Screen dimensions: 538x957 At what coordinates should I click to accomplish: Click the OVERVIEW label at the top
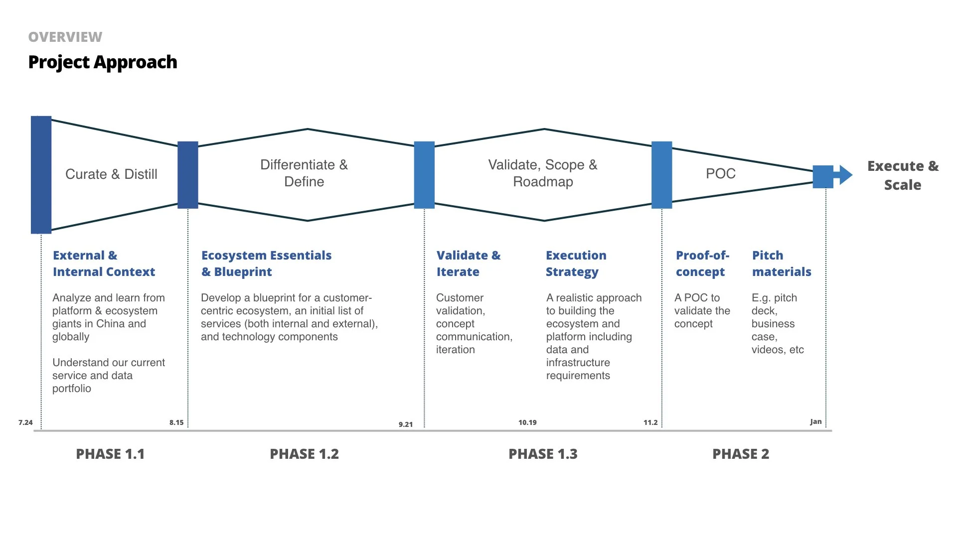click(x=65, y=37)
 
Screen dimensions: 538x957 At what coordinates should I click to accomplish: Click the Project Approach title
click(x=103, y=62)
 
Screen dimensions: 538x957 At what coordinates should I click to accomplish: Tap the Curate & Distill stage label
click(x=111, y=174)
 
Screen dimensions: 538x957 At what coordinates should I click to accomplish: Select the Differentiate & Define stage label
click(x=304, y=173)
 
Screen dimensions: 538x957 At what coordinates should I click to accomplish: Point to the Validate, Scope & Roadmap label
click(x=543, y=173)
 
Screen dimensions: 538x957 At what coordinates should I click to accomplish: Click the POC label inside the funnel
click(x=721, y=174)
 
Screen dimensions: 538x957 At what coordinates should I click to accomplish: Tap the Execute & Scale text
click(x=903, y=175)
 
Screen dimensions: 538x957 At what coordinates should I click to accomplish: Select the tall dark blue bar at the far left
click(x=41, y=175)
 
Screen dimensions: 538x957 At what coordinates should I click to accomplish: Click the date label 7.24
click(x=25, y=422)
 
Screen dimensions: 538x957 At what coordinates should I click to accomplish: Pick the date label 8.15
click(x=176, y=422)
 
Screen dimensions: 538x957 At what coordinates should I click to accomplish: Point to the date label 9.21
click(x=406, y=424)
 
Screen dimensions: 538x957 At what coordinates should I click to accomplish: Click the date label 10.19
click(x=527, y=422)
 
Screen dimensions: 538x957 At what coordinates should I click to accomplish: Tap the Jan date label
click(x=815, y=421)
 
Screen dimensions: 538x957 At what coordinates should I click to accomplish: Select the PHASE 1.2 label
click(x=304, y=454)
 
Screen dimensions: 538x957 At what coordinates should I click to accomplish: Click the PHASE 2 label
click(x=741, y=454)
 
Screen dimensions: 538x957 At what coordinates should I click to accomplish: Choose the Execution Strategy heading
click(x=576, y=264)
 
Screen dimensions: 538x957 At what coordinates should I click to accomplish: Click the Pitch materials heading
click(x=781, y=264)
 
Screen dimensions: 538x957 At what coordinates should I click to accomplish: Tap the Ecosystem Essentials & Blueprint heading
click(x=266, y=264)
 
